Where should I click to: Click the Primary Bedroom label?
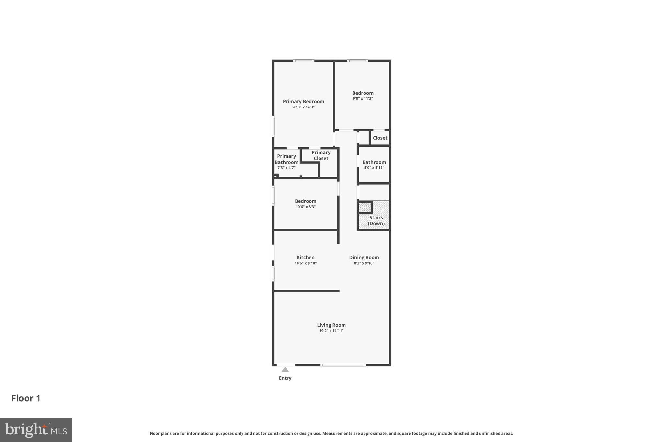[303, 101]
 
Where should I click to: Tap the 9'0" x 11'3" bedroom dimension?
[363, 98]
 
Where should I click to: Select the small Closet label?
[380, 138]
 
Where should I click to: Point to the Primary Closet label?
[321, 155]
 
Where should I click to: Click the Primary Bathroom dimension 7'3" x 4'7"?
[286, 168]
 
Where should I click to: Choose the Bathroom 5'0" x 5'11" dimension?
[374, 168]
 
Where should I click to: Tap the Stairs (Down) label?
[376, 221]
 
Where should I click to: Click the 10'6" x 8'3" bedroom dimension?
[305, 207]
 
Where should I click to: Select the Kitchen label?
[305, 257]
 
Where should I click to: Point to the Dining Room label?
[364, 257]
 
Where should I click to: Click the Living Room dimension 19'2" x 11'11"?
[331, 331]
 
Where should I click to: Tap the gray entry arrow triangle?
[285, 370]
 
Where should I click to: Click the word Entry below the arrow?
[285, 378]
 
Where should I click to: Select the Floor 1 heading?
[26, 398]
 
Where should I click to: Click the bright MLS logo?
[36, 430]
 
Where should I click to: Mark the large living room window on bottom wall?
[343, 365]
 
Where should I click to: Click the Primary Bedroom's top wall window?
[304, 61]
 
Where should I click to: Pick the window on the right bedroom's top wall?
[357, 61]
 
